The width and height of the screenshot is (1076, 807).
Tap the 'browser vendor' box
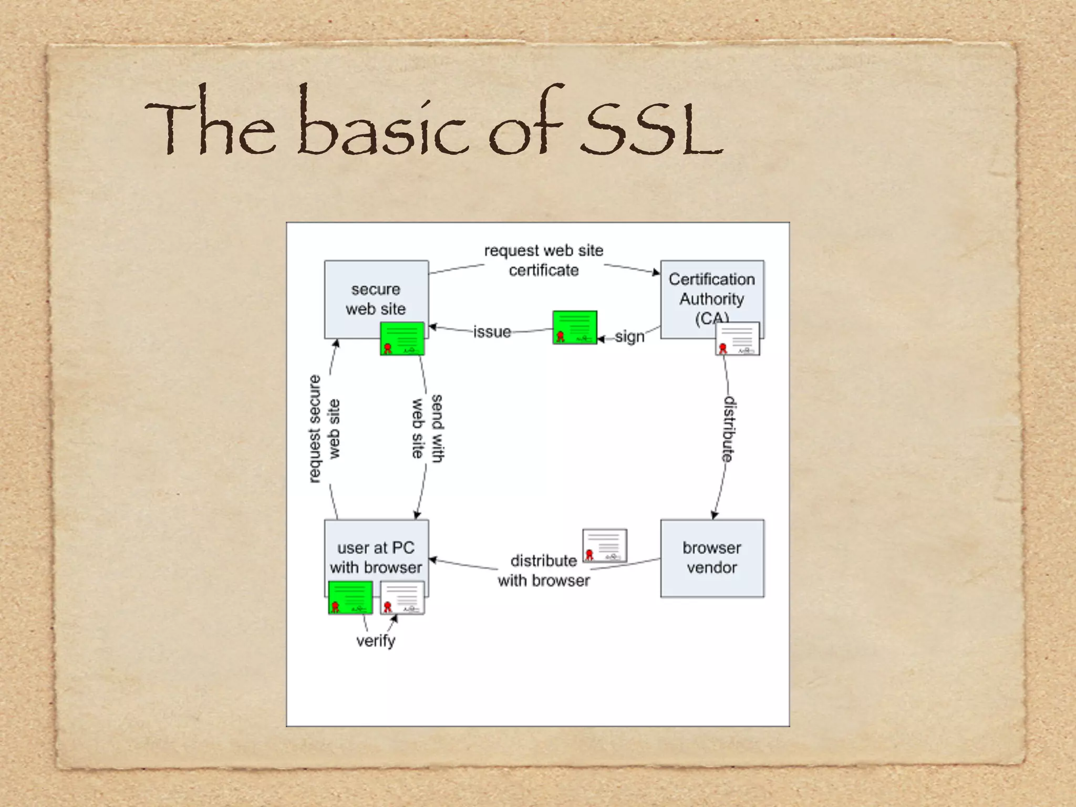tap(712, 558)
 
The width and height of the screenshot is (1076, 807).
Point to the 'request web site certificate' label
tap(543, 261)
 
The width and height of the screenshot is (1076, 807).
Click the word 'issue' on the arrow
tap(492, 332)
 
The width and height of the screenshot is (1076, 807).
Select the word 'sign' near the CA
tap(629, 336)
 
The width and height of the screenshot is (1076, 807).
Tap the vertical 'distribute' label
tap(729, 429)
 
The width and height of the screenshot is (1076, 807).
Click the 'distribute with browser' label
tap(543, 571)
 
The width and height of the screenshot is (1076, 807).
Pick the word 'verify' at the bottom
tap(375, 641)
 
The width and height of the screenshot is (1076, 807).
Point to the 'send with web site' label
tap(427, 429)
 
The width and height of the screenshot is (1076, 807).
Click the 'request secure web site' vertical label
tap(324, 429)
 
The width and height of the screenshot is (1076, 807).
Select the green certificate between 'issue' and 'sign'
tap(574, 327)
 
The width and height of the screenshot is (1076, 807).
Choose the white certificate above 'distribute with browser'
tap(605, 545)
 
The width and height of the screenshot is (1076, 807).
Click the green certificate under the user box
tap(350, 597)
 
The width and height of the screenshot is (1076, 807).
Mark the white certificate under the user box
tap(402, 597)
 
